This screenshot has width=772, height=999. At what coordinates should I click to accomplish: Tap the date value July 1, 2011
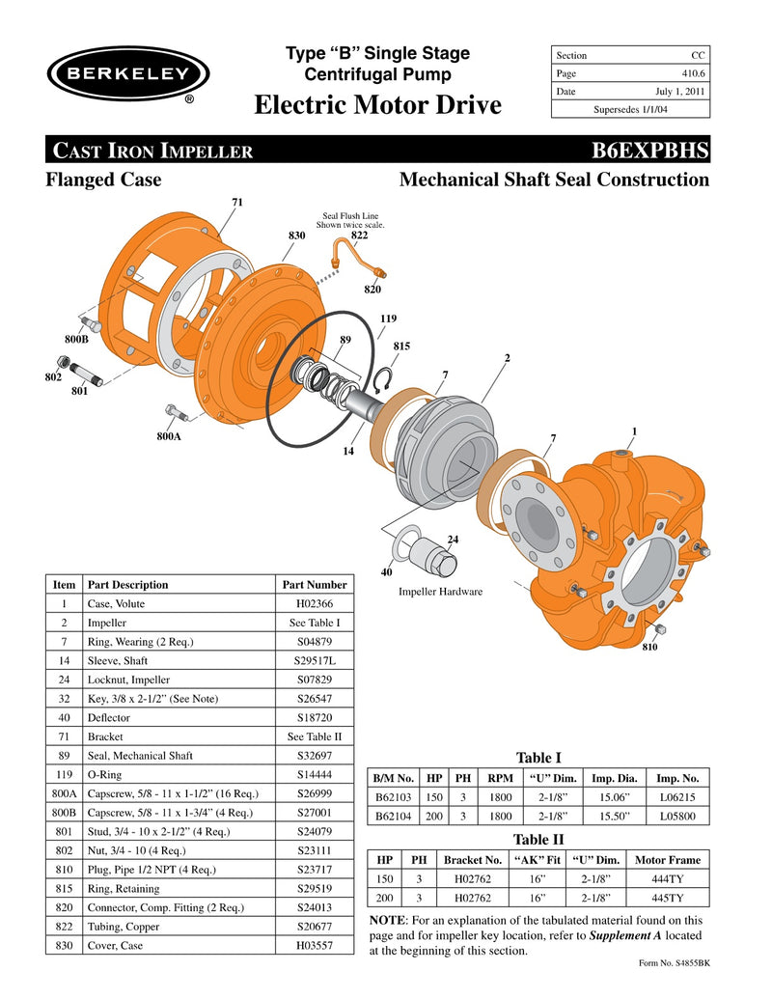[x=681, y=92]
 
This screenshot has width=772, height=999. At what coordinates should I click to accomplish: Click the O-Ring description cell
[x=178, y=774]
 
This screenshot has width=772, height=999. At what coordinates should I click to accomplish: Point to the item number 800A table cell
[x=64, y=793]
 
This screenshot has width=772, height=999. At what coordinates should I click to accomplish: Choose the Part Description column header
[x=127, y=585]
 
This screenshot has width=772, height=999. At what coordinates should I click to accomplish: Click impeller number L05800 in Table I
[x=675, y=816]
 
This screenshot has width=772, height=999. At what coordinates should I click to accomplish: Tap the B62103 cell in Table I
[x=394, y=797]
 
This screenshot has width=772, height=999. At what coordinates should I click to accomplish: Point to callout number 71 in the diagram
[x=236, y=202]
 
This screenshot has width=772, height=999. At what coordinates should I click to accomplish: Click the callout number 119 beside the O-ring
[x=388, y=319]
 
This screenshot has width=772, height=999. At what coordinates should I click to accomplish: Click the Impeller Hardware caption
[x=440, y=592]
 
